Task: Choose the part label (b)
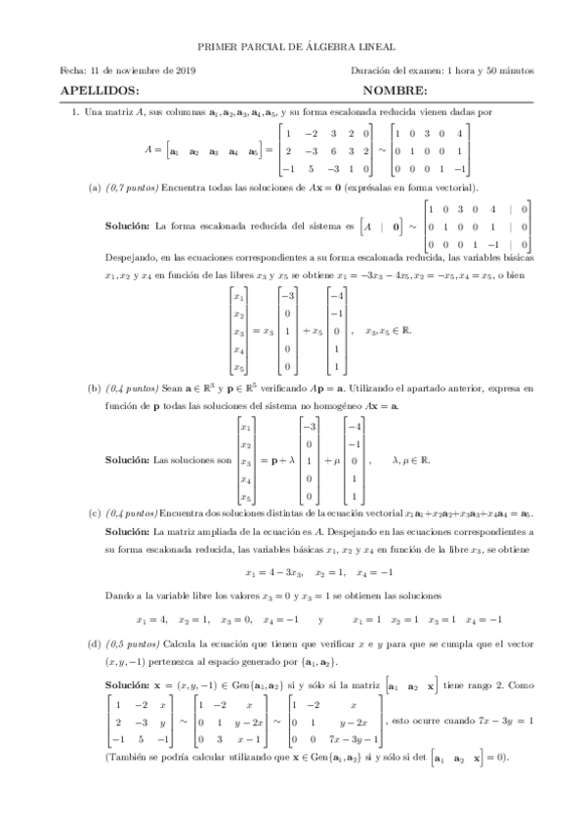pos(94,388)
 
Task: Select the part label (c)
pos(94,511)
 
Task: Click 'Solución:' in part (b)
pos(127,459)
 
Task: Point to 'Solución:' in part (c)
pos(127,532)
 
